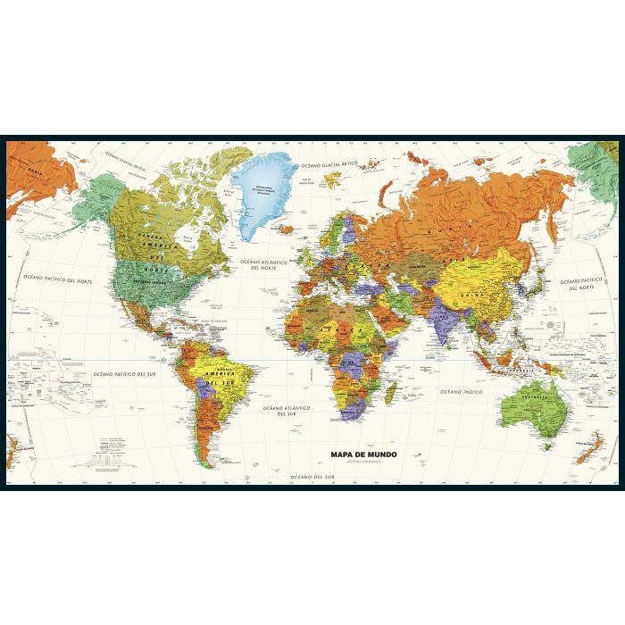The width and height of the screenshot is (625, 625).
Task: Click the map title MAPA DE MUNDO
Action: [362, 453]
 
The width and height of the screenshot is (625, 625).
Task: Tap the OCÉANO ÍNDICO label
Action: [461, 391]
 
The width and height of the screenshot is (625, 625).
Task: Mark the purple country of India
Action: [442, 318]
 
